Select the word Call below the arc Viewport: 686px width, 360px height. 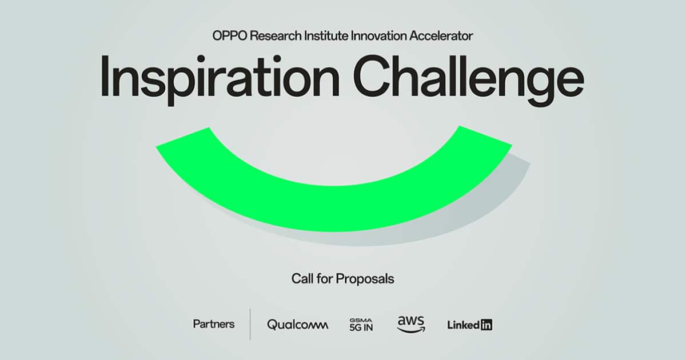(x=302, y=279)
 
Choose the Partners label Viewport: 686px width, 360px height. (x=214, y=324)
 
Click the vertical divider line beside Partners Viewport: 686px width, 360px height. (x=250, y=324)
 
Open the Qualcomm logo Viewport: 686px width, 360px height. (x=297, y=325)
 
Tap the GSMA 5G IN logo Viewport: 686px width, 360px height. (x=361, y=325)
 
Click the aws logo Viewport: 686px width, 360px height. (x=410, y=323)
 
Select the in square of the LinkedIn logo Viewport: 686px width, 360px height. (x=486, y=325)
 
